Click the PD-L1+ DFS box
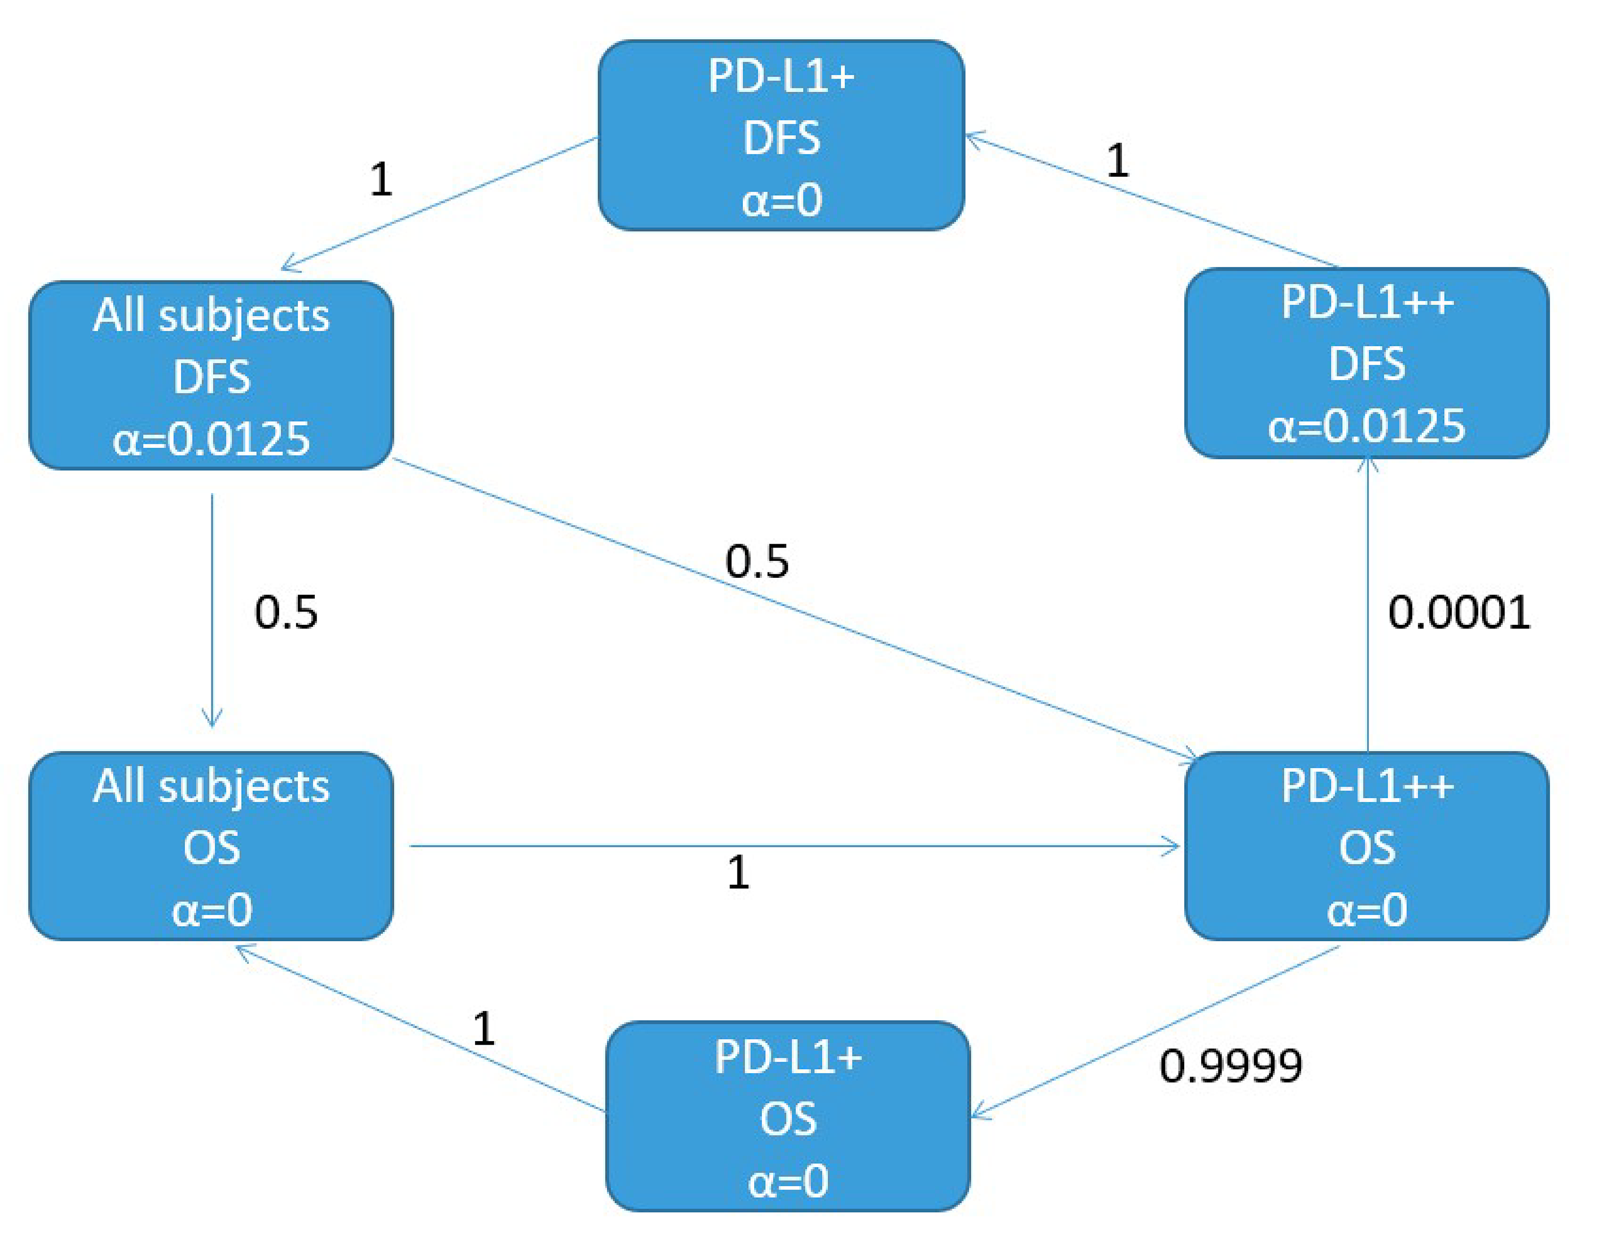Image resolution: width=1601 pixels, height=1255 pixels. click(x=781, y=136)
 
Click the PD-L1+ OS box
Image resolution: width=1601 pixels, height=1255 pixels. click(x=788, y=1116)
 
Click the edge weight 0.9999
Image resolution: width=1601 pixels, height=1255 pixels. click(x=1231, y=1066)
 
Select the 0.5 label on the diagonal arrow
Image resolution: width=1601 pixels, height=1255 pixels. click(x=757, y=561)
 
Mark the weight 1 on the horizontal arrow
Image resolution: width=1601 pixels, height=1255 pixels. click(x=739, y=873)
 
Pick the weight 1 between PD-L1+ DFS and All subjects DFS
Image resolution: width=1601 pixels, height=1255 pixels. click(x=381, y=179)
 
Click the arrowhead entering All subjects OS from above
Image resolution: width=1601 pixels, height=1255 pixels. click(x=212, y=720)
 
